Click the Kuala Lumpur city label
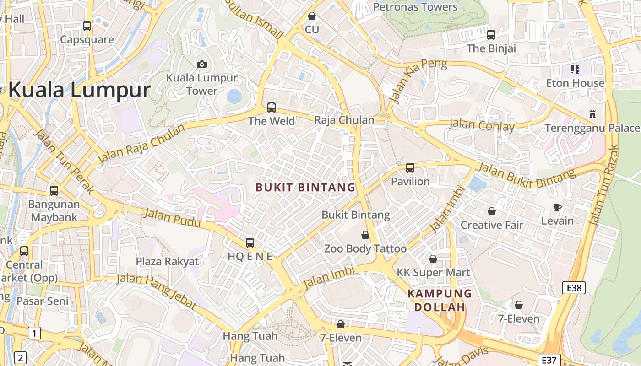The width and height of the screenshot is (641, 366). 79,90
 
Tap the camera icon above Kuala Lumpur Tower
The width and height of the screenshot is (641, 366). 201,64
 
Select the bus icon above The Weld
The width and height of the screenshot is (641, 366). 272,108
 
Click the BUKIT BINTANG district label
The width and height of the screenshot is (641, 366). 305,187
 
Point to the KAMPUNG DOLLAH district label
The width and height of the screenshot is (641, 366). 440,300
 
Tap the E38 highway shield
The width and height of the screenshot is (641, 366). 574,288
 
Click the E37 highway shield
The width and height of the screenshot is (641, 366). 549,360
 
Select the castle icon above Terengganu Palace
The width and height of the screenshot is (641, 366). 592,114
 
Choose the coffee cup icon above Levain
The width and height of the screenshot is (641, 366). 557,207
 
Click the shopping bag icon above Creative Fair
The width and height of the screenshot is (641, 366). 491,211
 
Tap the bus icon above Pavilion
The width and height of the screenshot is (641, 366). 410,168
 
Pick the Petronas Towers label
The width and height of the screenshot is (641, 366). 415,7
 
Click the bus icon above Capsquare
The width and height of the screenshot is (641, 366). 87,26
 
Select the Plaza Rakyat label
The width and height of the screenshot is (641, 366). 168,262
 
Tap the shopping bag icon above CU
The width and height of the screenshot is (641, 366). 312,16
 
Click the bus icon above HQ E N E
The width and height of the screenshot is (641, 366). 250,243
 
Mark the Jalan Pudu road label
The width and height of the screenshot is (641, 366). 172,218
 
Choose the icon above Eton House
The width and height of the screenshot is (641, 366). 575,70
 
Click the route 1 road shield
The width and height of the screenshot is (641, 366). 34,333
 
